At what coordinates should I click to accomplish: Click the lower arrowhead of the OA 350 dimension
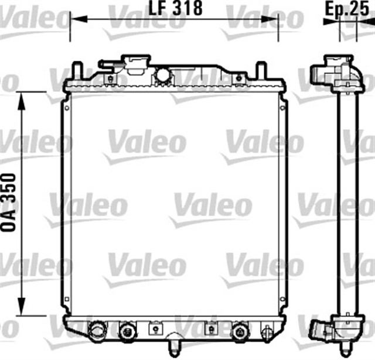22,306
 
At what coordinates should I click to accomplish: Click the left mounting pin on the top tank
76,71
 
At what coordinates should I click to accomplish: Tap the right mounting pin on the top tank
262,71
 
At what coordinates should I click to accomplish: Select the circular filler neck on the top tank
162,74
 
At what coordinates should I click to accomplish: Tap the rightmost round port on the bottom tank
239,331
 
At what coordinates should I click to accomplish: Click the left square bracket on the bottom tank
155,329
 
